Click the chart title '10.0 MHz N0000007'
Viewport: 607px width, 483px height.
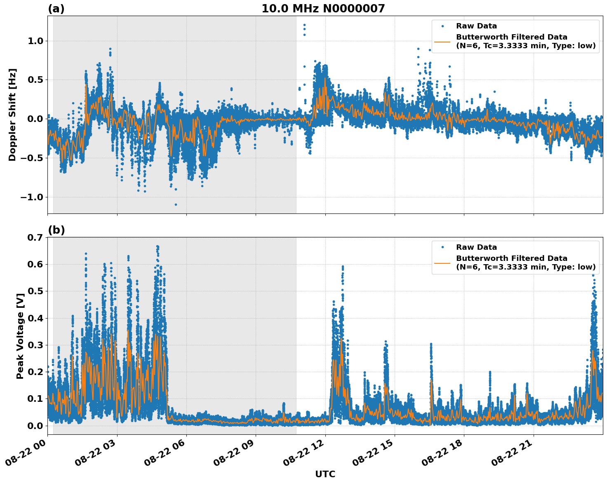(x=323, y=9)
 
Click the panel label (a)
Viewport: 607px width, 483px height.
(x=56, y=9)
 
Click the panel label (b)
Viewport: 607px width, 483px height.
(x=56, y=230)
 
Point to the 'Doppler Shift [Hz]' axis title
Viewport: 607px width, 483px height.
(x=12, y=115)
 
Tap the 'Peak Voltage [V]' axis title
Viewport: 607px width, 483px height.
(x=20, y=335)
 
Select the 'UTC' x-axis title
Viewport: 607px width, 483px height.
(x=325, y=474)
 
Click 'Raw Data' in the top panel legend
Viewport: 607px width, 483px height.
(x=476, y=26)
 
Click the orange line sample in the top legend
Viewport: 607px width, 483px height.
(x=442, y=41)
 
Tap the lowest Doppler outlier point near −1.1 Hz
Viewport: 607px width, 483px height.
(x=176, y=204)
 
